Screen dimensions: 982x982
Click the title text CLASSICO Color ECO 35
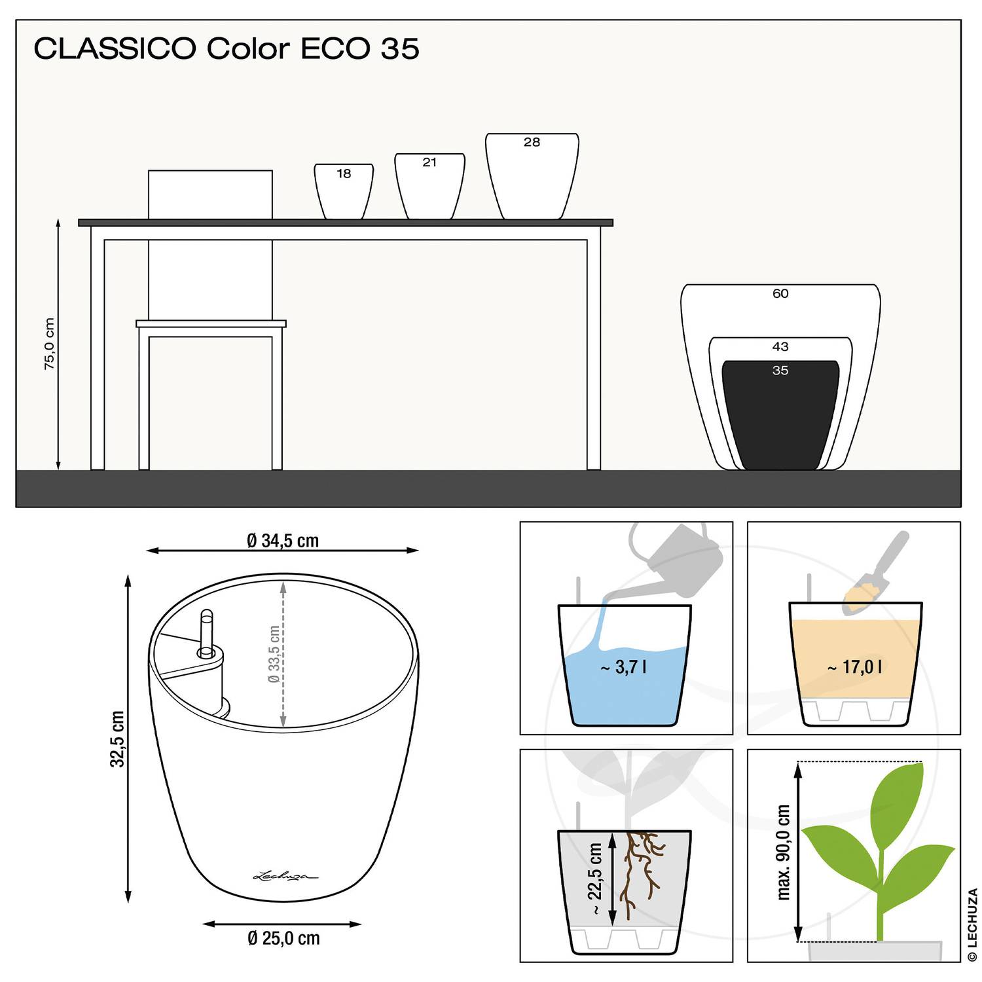coord(227,48)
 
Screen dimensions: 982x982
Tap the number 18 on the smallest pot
coord(344,173)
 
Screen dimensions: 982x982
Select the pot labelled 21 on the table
coord(429,187)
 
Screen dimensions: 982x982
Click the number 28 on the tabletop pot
coord(532,142)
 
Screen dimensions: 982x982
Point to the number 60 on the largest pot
coord(780,294)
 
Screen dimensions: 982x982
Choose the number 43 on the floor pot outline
coord(780,347)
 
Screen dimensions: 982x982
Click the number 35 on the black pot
coord(780,371)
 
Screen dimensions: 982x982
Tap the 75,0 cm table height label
coord(50,344)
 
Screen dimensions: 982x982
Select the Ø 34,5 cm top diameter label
coord(283,541)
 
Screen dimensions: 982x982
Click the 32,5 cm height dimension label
coord(117,738)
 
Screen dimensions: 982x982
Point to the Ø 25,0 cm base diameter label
coord(283,938)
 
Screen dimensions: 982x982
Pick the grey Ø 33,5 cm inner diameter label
coord(274,654)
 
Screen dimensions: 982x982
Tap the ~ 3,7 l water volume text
coord(624,667)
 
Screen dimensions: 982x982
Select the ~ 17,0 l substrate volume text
coord(854,667)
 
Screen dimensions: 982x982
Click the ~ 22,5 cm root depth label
coord(595,879)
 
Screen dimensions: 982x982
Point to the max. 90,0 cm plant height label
coord(784,852)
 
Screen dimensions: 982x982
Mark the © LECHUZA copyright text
coord(972,925)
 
